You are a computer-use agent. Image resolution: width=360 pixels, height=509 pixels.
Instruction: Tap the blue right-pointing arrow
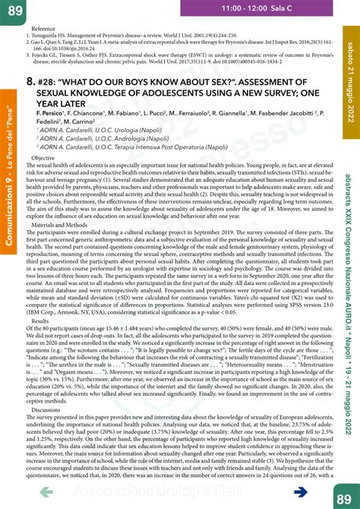pyautogui.click(x=299, y=492)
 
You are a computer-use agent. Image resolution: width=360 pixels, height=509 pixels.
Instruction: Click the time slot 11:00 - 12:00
pyautogui.click(x=245, y=7)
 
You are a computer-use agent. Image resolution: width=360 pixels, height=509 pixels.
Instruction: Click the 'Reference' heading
pyautogui.click(x=44, y=28)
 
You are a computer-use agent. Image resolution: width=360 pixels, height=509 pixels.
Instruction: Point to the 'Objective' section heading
pyautogui.click(x=43, y=157)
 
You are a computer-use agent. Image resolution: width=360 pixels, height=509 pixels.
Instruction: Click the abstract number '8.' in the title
pyautogui.click(x=30, y=81)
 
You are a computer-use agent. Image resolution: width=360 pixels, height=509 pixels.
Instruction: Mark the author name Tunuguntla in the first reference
pyautogui.click(x=57, y=36)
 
